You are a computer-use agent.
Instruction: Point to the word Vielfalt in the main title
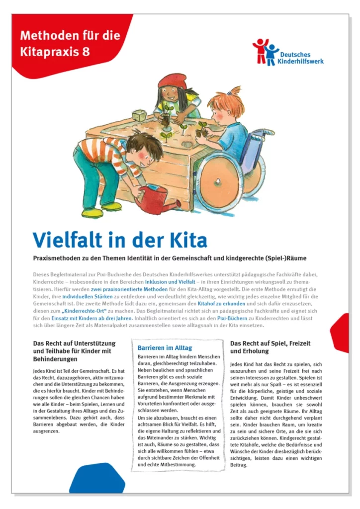tap(71, 241)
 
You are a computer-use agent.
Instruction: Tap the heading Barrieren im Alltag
tap(165, 347)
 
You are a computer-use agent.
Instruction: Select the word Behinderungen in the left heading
tap(55, 358)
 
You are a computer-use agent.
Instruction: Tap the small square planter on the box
tap(138, 115)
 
